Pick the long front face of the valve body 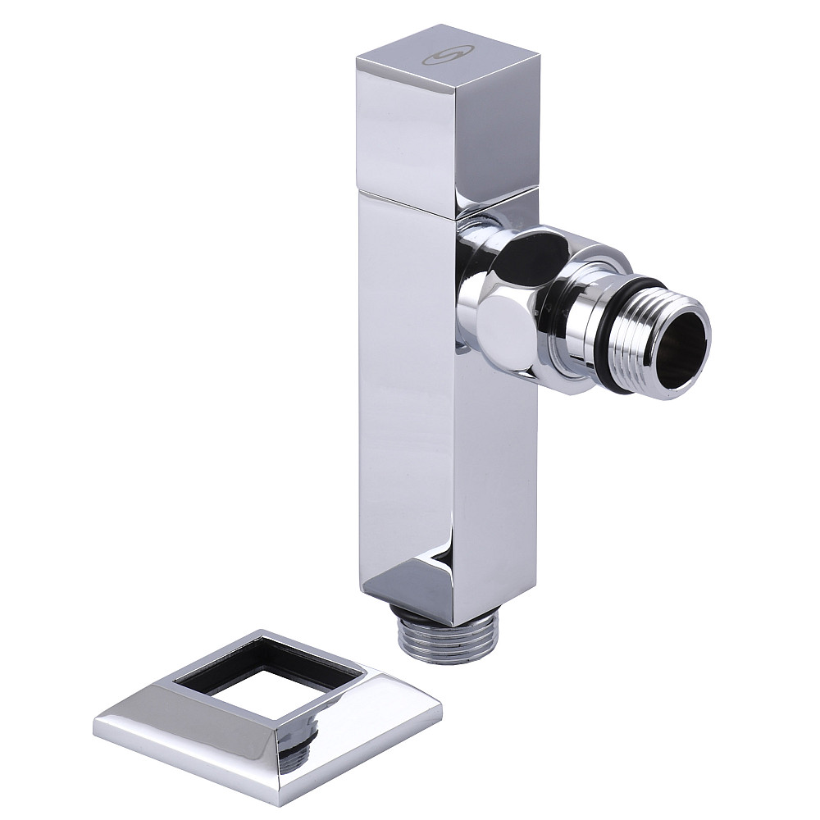coord(402,394)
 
